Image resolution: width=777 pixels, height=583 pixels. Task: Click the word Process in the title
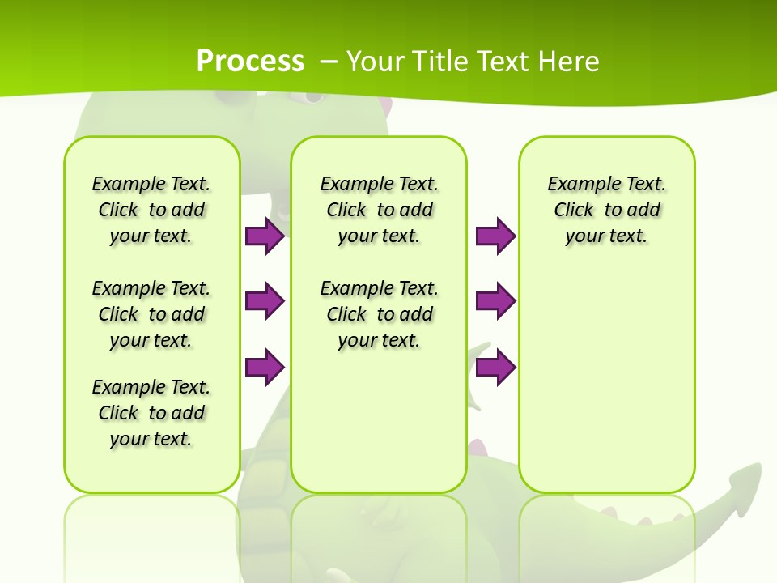pos(250,62)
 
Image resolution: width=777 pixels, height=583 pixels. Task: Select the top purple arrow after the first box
pos(265,236)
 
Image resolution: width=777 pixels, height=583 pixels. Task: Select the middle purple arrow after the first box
pos(265,301)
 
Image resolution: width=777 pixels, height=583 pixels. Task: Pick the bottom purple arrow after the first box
pos(265,368)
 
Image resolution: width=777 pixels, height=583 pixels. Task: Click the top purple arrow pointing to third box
pos(495,236)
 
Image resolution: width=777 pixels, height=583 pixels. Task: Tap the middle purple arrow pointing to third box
pos(495,301)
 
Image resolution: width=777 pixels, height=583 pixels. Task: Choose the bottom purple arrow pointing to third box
pos(495,368)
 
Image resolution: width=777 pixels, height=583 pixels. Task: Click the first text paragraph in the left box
pos(151,210)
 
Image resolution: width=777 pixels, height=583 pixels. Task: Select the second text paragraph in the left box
pos(151,314)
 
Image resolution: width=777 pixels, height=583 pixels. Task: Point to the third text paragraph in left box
pos(151,413)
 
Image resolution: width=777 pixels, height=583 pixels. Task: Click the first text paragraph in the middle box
pos(380,210)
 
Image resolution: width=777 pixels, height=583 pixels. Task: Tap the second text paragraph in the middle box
pos(380,314)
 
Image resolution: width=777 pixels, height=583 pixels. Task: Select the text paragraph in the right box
pos(607,210)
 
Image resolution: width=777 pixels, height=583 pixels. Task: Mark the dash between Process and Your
pos(329,62)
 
